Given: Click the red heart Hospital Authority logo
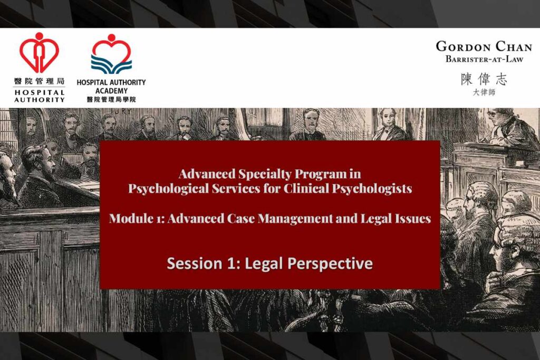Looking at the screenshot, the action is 39,53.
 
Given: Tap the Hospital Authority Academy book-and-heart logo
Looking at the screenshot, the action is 111,54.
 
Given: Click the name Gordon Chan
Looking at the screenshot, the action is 484,46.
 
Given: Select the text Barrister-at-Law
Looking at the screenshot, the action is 484,59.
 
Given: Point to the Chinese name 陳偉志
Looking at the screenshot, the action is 484,79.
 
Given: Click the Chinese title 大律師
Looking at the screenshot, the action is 484,92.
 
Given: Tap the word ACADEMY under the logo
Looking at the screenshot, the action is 111,91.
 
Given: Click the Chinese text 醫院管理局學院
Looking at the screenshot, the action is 111,99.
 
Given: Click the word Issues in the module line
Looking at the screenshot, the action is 414,219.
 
